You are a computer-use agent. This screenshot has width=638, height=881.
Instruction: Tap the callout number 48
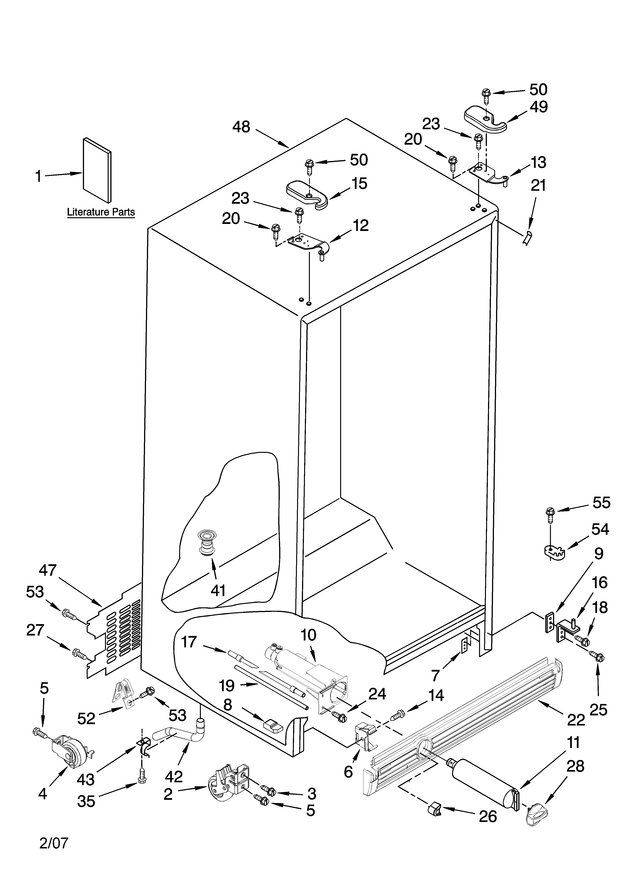[241, 127]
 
